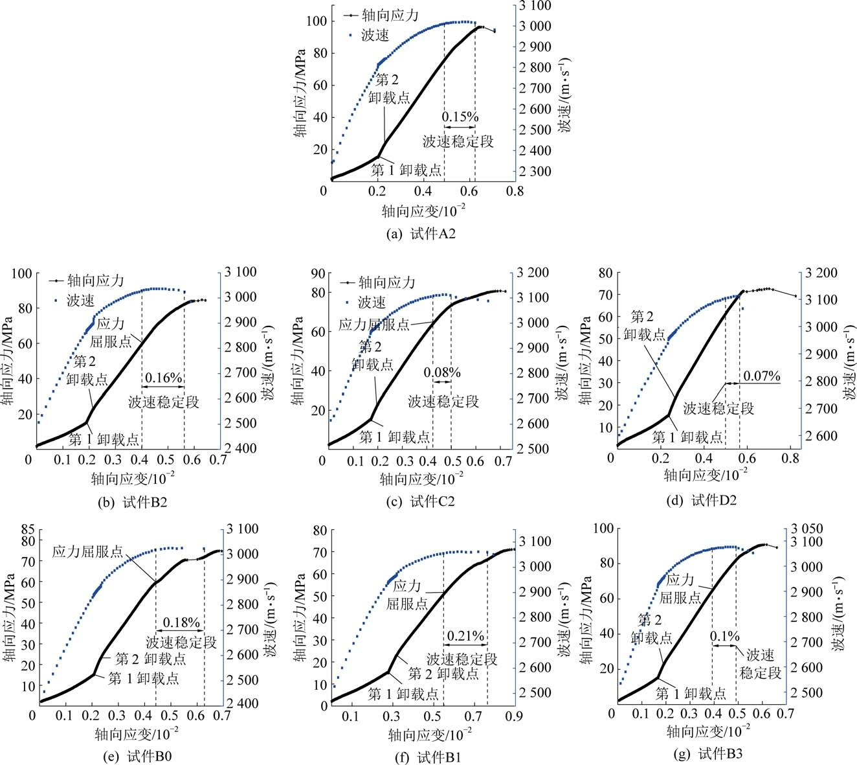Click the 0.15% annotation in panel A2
click(460, 117)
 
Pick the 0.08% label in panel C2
click(442, 372)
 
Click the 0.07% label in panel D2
click(761, 376)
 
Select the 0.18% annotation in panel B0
click(181, 622)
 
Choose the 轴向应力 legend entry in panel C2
click(386, 282)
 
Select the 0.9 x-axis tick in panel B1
click(514, 716)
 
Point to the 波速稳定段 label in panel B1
click(462, 659)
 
